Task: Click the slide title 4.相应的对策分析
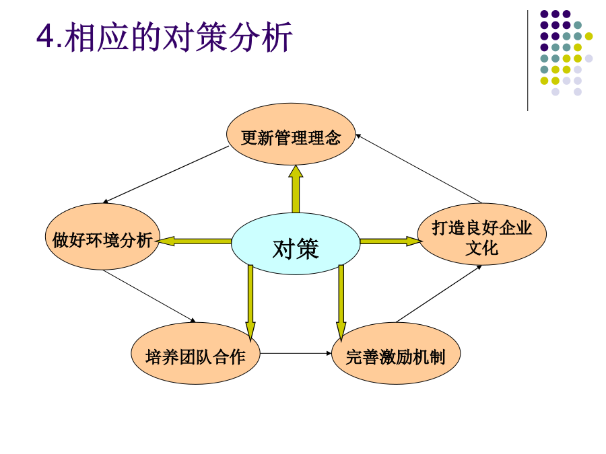(164, 37)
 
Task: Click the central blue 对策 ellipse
(296, 243)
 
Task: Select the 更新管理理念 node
(291, 134)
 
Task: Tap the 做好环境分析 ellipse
(102, 236)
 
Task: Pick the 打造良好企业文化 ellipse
(482, 234)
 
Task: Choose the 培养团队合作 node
(195, 353)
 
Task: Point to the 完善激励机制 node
(396, 353)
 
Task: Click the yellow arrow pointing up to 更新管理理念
(296, 189)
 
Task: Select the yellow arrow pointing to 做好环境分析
(194, 241)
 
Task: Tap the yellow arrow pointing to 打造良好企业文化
(391, 241)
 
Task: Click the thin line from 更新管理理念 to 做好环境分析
(166, 175)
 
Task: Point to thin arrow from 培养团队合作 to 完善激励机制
(296, 353)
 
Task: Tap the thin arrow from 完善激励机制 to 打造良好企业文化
(438, 294)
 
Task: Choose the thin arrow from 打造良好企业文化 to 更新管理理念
(419, 168)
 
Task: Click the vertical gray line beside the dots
(527, 61)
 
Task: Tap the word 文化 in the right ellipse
(482, 248)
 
